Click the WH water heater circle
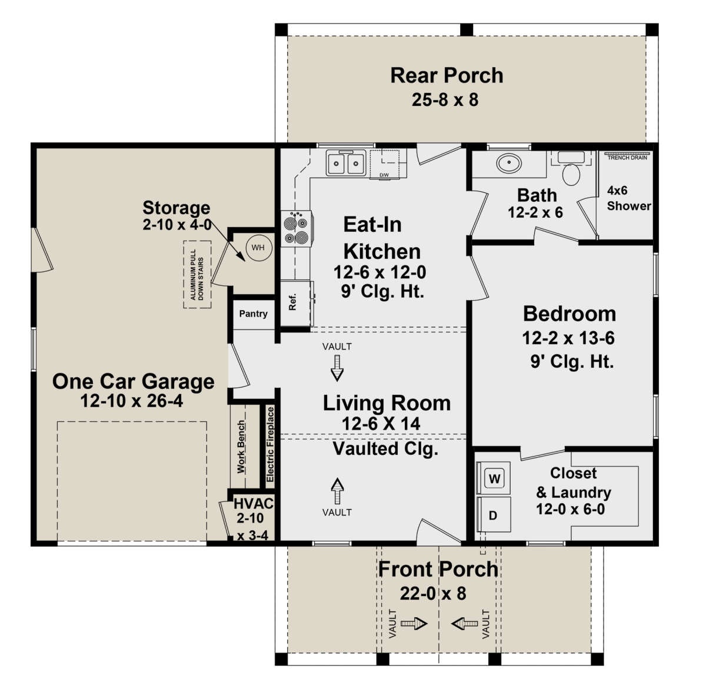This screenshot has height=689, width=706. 258,248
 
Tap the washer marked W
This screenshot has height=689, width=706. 494,478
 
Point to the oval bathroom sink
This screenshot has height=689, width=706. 509,163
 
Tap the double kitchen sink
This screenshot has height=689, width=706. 346,163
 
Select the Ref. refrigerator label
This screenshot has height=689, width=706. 292,301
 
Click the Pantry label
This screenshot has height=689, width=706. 253,314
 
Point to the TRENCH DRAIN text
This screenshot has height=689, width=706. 627,158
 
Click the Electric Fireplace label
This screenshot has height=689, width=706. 270,444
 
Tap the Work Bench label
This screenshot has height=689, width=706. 241,447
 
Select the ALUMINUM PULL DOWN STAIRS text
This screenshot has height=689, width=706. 197,275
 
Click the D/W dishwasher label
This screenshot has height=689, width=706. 384,175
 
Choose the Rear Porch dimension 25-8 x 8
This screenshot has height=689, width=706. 445,99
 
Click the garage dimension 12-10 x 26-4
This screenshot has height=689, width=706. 131,401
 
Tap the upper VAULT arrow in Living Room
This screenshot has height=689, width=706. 337,368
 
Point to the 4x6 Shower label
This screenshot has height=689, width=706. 628,198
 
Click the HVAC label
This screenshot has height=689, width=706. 253,504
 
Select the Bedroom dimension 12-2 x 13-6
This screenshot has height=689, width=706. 568,338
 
